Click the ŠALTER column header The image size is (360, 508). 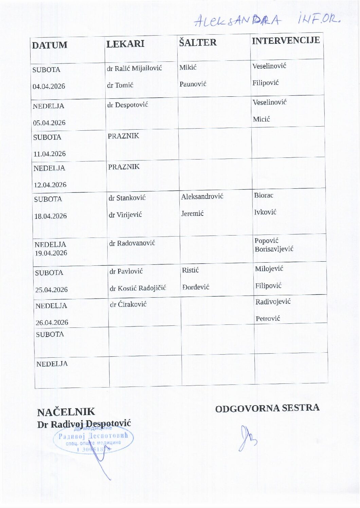pyautogui.click(x=198, y=42)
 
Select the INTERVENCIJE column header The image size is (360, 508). pyautogui.click(x=286, y=40)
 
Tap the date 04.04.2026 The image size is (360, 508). pyautogui.click(x=49, y=86)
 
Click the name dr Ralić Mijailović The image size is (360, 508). pyautogui.click(x=134, y=68)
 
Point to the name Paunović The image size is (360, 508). pyautogui.click(x=193, y=84)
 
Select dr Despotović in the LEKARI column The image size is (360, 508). pyautogui.click(x=128, y=105)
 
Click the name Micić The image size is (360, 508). pyautogui.click(x=261, y=119)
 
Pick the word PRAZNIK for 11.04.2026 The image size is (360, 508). pyautogui.click(x=123, y=136)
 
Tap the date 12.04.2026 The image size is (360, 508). pyautogui.click(x=50, y=185)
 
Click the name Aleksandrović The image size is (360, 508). pyautogui.click(x=202, y=196)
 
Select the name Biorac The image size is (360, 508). pyautogui.click(x=264, y=195)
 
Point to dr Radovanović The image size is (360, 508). pyautogui.click(x=132, y=243)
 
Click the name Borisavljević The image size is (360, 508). pyautogui.click(x=274, y=249)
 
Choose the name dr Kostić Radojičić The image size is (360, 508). pyautogui.click(x=138, y=288)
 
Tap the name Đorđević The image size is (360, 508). pyautogui.click(x=196, y=287)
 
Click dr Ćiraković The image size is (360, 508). pyautogui.click(x=128, y=304)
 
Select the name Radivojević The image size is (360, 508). pyautogui.click(x=273, y=302)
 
